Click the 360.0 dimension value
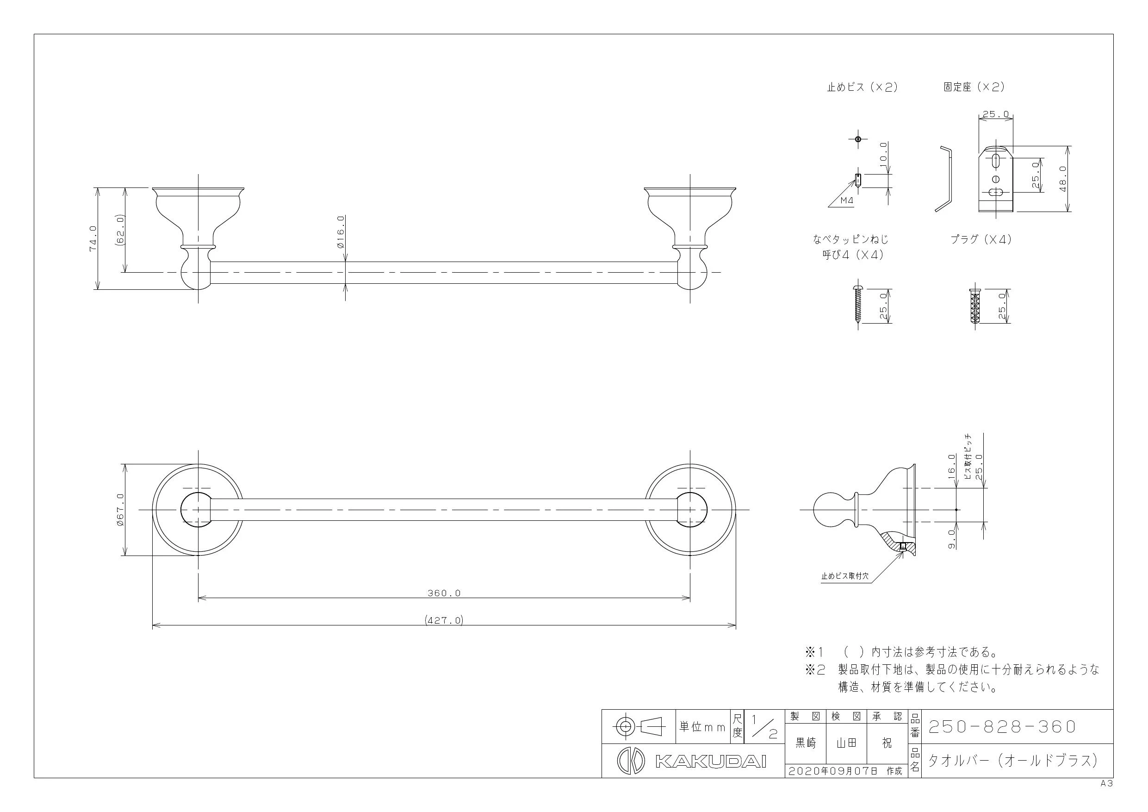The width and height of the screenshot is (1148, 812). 444,593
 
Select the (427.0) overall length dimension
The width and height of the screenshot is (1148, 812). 444,620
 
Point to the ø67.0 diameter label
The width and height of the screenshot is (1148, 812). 120,509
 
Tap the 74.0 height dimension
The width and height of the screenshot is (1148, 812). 93,239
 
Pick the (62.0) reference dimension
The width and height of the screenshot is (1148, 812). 120,230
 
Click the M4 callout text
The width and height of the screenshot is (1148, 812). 846,200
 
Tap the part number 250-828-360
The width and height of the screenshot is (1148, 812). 1002,727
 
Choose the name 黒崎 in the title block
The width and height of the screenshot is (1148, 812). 806,744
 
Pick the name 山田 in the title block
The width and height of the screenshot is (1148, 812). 846,744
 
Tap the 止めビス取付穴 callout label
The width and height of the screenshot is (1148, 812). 845,576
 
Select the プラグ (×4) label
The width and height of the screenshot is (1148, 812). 981,240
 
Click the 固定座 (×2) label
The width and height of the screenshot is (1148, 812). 974,87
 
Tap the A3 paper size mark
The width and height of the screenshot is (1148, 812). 1106,784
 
